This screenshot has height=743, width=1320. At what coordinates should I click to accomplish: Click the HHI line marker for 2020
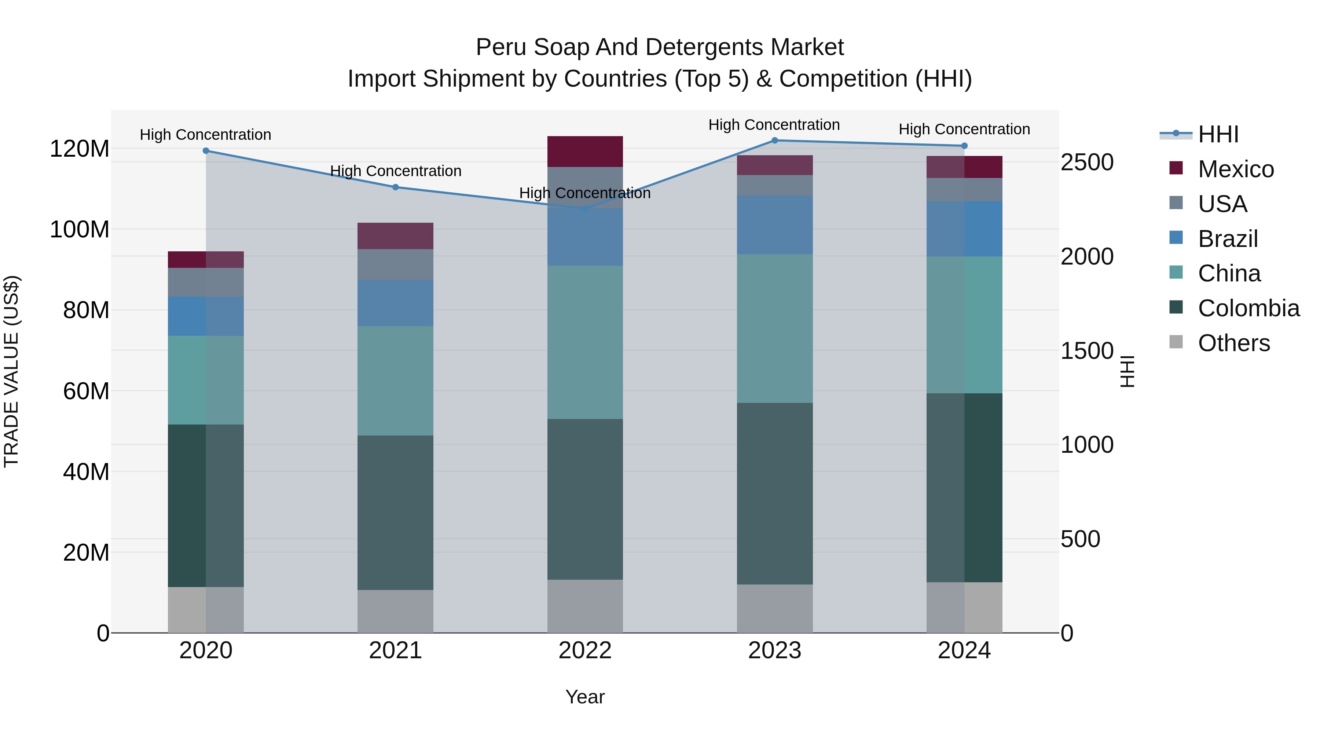[206, 151]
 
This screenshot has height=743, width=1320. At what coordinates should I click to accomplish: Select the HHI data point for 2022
[585, 208]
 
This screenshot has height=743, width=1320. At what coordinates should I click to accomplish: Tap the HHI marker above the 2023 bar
[775, 141]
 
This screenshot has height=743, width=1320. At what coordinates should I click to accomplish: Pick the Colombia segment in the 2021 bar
[395, 513]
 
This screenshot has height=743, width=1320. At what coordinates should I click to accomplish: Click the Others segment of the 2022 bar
[585, 606]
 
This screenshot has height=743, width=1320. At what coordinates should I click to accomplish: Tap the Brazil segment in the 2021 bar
[395, 303]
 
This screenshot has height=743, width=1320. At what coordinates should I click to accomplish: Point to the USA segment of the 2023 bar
[775, 185]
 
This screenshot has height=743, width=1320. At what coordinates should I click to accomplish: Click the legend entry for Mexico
[1235, 169]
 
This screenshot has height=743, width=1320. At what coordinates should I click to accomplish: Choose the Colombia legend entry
[1248, 308]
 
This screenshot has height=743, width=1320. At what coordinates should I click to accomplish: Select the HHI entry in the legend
[1218, 134]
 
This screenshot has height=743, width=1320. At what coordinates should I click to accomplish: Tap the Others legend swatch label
[1233, 343]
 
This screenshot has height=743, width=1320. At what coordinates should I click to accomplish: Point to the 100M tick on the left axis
[80, 229]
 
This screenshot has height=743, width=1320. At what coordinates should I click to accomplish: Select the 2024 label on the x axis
[964, 651]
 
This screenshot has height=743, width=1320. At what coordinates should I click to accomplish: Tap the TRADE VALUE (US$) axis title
[11, 371]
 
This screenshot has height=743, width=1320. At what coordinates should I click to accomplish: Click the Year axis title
[585, 697]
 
